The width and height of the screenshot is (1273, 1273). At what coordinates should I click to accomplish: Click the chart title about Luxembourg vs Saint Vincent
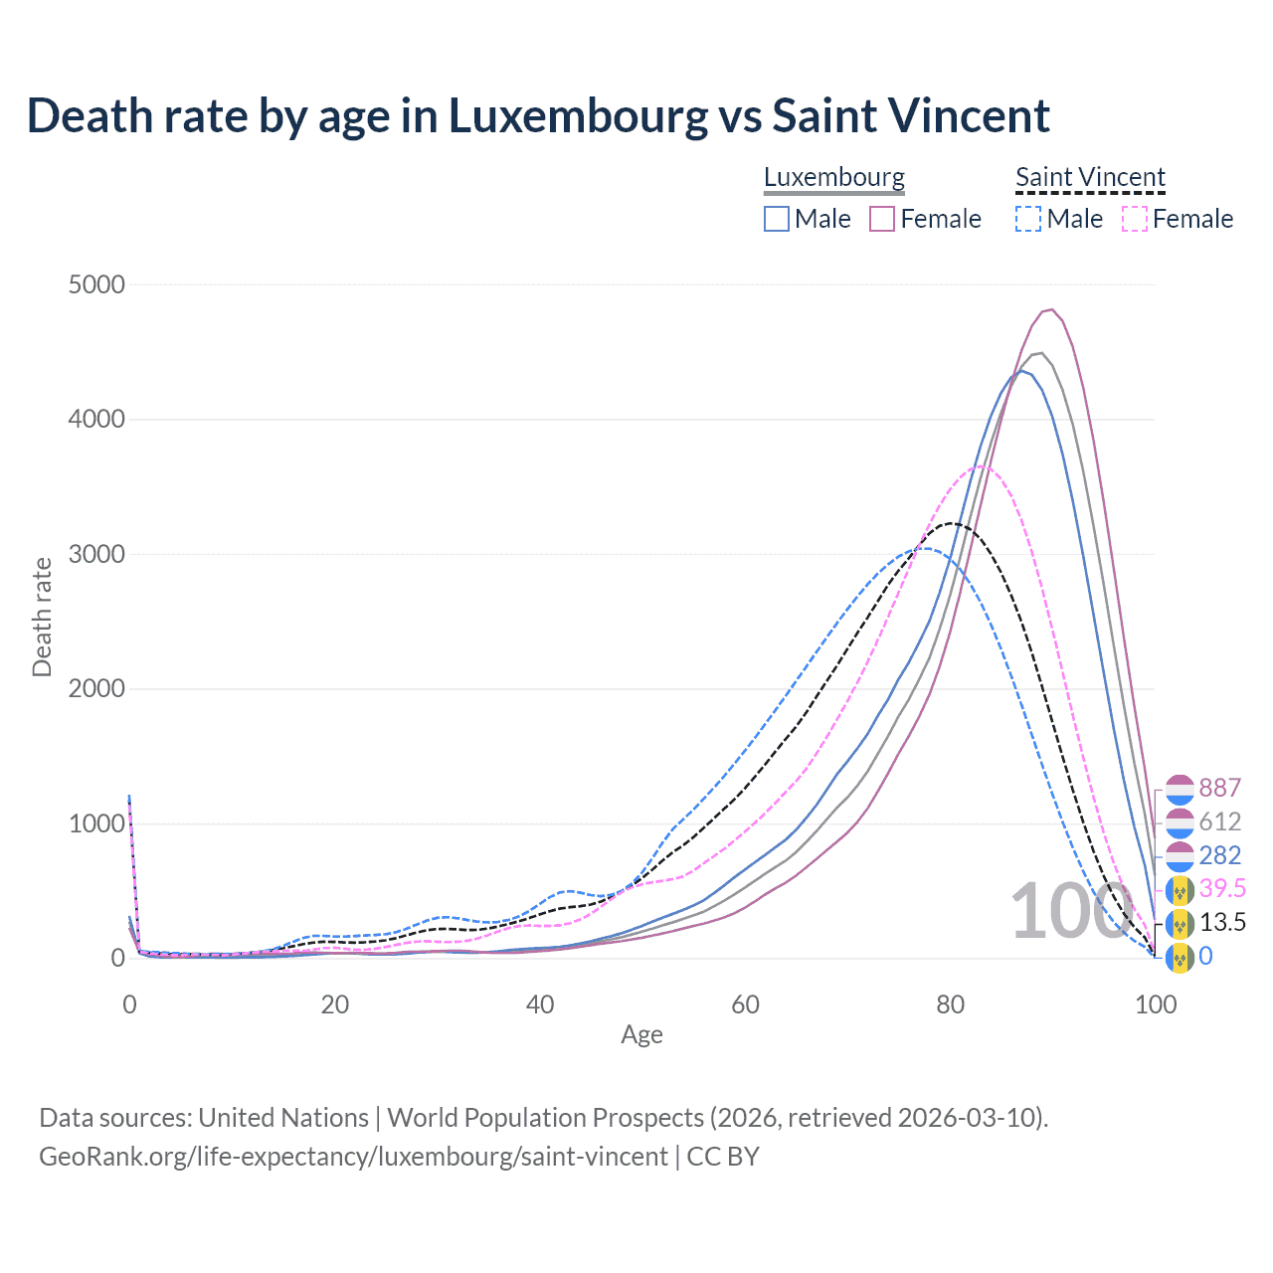point(538,116)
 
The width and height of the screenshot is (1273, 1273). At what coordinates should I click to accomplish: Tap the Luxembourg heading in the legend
point(834,178)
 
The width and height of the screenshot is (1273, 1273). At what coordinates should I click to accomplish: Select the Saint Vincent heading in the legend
point(1090,178)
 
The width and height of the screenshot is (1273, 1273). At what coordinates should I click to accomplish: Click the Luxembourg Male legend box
point(777,219)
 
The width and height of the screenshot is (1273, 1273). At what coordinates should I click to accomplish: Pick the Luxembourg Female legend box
point(882,219)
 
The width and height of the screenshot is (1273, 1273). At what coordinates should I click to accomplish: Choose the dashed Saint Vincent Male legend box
point(1028,219)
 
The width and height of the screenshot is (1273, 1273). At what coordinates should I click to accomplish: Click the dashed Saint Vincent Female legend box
point(1135,219)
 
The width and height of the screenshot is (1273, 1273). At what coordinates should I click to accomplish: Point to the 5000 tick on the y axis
point(96,285)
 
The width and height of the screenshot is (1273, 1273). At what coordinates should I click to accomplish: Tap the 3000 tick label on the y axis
point(96,555)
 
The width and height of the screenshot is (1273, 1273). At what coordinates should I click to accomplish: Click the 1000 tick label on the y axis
point(96,824)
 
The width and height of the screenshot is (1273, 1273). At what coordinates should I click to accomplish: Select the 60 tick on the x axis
point(745,1004)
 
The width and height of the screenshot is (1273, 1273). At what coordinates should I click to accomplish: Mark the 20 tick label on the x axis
point(335,1004)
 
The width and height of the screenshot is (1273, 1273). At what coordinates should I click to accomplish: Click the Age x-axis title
point(641,1035)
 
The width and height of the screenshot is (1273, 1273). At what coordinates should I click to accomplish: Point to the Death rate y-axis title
point(42,617)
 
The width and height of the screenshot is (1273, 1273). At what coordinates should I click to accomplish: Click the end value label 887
point(1219,788)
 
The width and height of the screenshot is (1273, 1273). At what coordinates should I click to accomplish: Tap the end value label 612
point(1219,821)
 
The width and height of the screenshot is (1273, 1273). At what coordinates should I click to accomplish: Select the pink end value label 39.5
point(1222,888)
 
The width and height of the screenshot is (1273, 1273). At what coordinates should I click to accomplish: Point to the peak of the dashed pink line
point(981,465)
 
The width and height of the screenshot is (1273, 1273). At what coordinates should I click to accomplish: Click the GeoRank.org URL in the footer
point(353,1157)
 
